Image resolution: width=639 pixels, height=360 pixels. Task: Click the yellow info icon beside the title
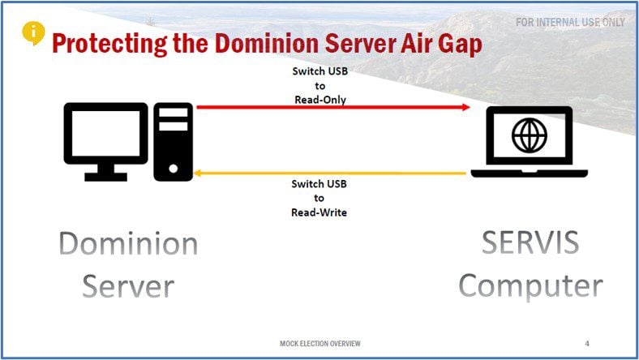[x=33, y=32]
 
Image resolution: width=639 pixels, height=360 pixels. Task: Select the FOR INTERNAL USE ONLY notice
[x=570, y=22]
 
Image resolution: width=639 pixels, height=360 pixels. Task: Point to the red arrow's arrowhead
[x=465, y=107]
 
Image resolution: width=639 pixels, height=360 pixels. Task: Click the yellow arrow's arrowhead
[x=198, y=174]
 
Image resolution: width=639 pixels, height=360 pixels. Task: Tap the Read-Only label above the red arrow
[x=320, y=100]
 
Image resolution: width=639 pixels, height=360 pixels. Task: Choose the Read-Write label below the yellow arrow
[x=319, y=212]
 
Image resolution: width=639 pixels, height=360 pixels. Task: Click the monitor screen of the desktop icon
[x=105, y=132]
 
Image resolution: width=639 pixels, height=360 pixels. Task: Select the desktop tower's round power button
[x=174, y=169]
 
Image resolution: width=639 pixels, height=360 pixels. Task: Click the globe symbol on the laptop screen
[x=530, y=135]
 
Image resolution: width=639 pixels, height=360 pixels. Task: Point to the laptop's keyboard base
[x=529, y=174]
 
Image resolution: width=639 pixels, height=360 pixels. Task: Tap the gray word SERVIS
[x=530, y=242]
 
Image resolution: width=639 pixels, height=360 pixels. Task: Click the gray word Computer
[x=530, y=286]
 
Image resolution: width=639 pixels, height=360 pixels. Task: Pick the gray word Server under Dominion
[x=128, y=286]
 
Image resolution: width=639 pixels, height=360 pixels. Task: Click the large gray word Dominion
[x=128, y=244]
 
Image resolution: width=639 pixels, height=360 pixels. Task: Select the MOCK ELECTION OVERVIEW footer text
[x=320, y=344]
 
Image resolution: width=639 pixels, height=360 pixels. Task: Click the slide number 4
[x=587, y=344]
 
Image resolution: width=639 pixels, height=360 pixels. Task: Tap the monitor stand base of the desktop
[x=106, y=177]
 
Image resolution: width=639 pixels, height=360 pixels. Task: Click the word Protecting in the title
[x=109, y=44]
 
